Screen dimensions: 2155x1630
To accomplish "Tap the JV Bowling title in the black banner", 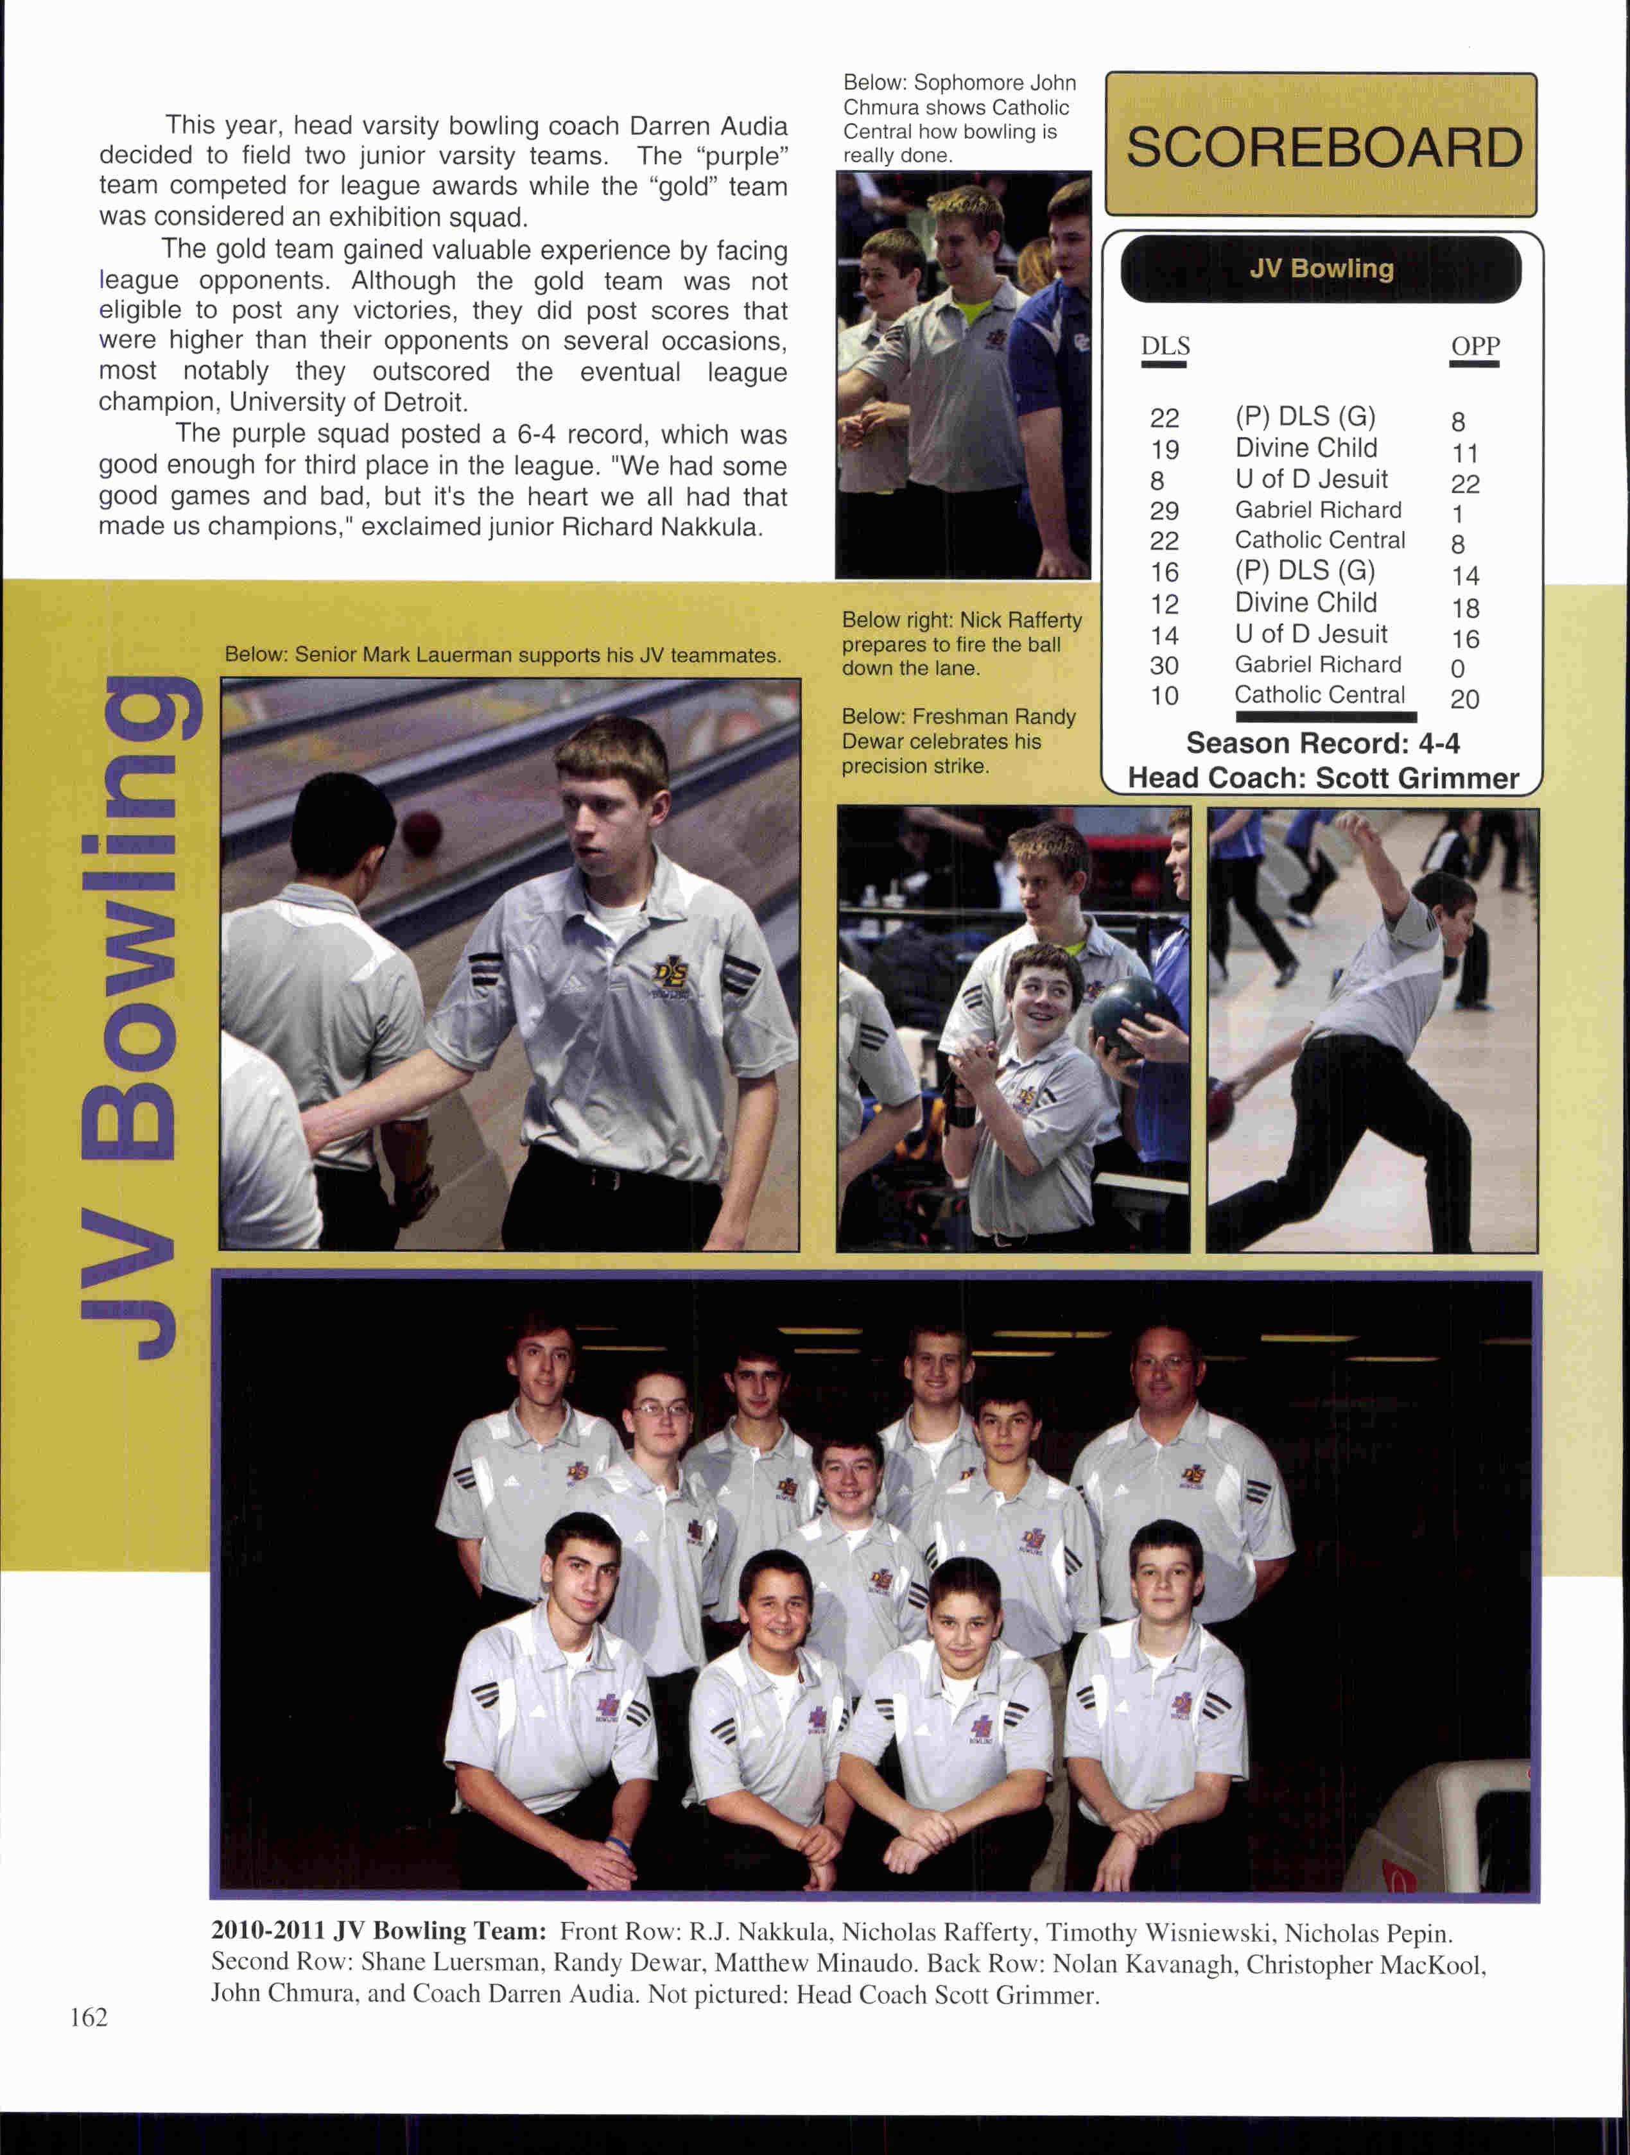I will [x=1321, y=269].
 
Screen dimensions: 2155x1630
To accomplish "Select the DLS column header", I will [x=1165, y=347].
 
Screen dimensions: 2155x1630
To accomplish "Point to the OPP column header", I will [x=1474, y=347].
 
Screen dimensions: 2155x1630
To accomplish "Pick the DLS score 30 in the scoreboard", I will [x=1165, y=666].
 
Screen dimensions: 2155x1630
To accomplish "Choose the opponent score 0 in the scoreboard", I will [x=1457, y=670].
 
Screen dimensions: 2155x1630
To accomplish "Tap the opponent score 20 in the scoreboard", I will [x=1464, y=700].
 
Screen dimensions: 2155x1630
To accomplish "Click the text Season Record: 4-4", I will [x=1322, y=744].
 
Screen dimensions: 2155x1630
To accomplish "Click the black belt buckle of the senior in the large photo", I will [x=606, y=1180].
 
